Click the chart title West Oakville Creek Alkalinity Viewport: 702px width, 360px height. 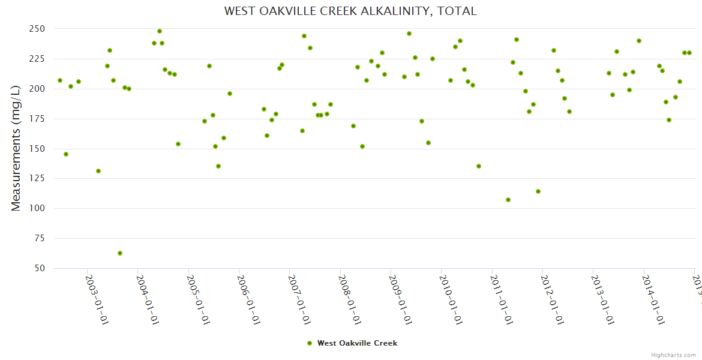350,11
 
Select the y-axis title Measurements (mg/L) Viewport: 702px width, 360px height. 16,148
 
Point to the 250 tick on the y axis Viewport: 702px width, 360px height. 37,29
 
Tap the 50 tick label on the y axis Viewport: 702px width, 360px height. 40,268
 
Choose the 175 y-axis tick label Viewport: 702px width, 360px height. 37,119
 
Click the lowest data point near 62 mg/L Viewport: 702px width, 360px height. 120,253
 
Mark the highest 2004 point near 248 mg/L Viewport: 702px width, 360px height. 160,31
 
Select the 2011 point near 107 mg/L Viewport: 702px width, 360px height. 508,200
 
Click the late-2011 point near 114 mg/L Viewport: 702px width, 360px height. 538,191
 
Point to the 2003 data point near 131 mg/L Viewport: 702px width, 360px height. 98,171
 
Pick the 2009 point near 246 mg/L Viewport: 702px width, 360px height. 409,34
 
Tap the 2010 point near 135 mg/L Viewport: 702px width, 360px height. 479,166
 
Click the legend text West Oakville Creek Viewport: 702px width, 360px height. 357,343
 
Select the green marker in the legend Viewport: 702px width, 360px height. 310,343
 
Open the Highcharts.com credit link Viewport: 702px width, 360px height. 673,355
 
